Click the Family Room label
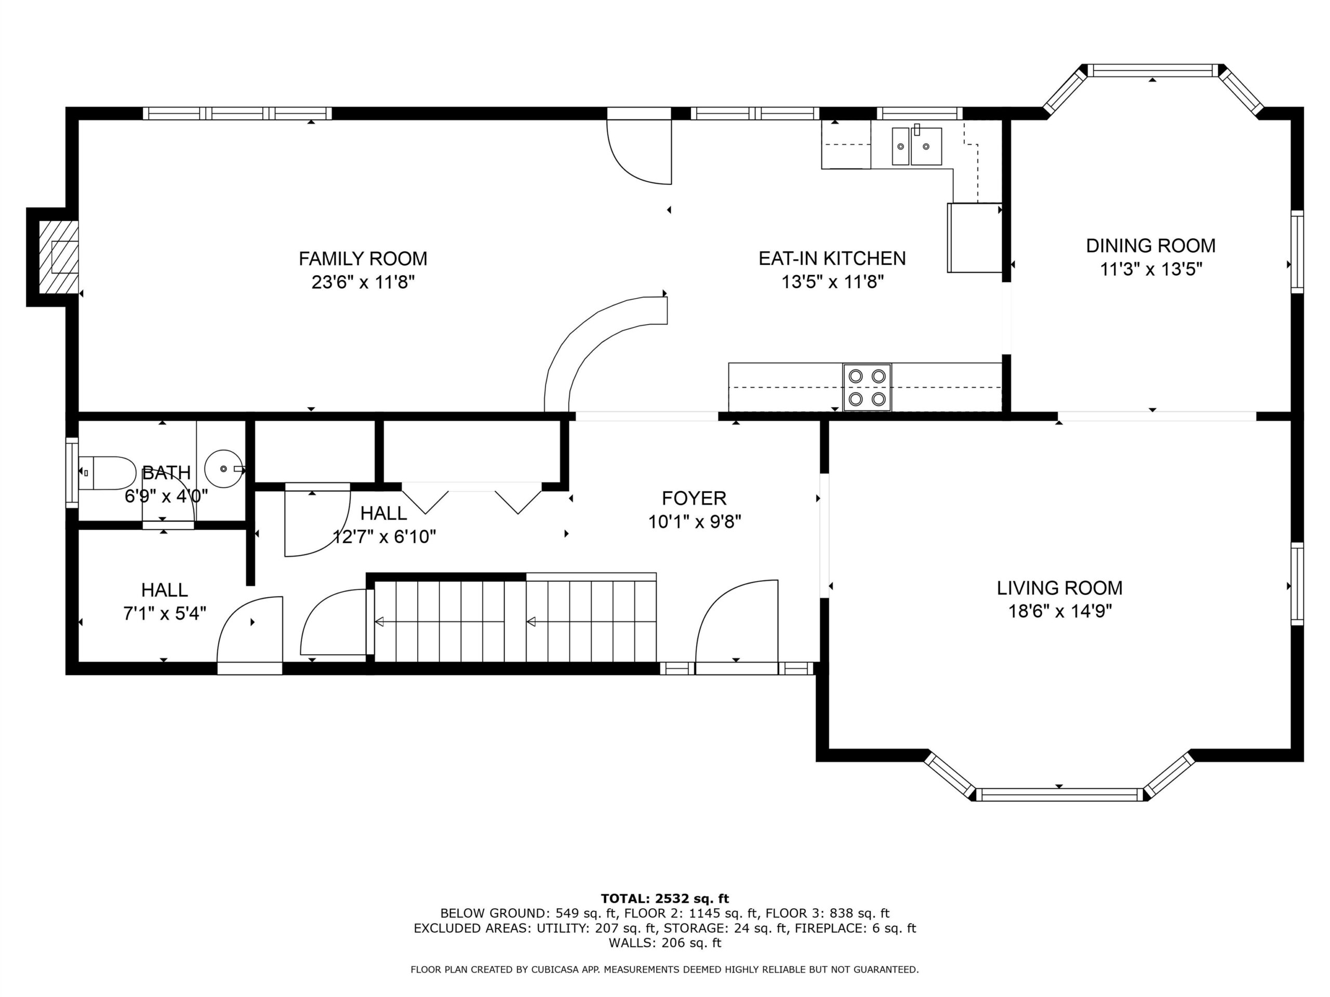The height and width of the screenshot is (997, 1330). pos(363,259)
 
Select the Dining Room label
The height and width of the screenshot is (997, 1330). pos(1151,245)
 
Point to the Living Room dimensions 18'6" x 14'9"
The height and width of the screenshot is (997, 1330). pos(1059,611)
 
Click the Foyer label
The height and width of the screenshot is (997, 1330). pos(694,498)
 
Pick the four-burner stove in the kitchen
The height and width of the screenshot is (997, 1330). pos(867,387)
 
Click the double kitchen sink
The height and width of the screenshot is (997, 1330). pos(916,145)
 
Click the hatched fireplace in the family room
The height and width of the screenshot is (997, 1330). pos(58,257)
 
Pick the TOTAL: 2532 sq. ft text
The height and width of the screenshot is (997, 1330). pos(664,898)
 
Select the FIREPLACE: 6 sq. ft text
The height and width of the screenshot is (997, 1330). pos(855,928)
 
